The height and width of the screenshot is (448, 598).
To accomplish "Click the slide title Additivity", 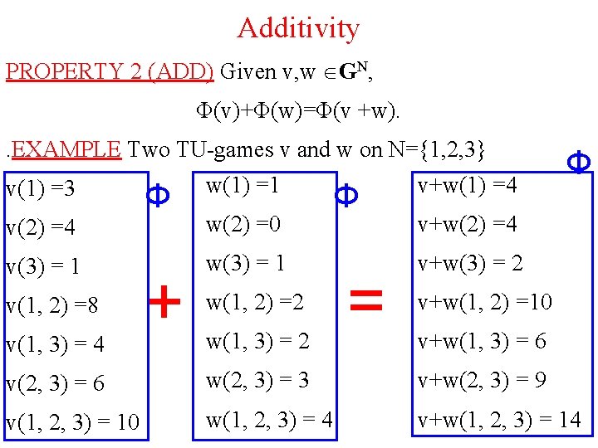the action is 298,28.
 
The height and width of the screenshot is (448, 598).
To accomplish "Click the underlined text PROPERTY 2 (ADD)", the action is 110,71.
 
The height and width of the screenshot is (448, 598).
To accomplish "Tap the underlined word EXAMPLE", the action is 67,149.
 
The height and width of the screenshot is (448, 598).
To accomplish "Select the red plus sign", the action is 165,302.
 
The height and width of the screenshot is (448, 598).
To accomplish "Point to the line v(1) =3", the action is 40,189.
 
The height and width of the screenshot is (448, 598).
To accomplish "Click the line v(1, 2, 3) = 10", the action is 72,422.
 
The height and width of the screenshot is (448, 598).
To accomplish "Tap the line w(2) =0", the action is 243,224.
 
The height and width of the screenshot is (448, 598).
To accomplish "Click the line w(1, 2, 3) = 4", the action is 269,419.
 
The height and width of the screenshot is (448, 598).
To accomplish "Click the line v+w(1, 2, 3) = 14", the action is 499,419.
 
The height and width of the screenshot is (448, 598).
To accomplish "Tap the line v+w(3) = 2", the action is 470,263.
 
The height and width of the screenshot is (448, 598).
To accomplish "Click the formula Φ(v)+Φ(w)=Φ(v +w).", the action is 297,110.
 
